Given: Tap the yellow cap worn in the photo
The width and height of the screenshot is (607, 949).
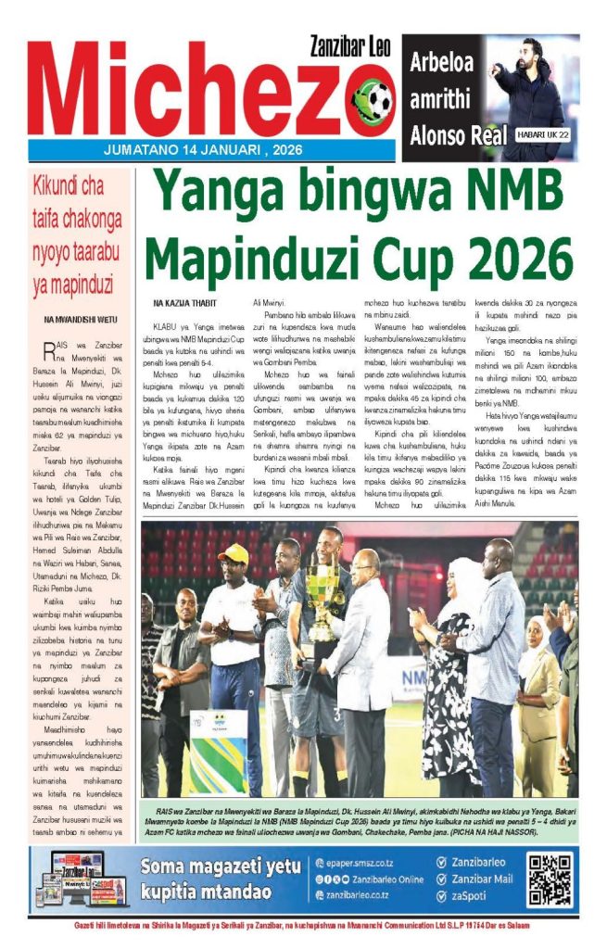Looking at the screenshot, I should point(234,554).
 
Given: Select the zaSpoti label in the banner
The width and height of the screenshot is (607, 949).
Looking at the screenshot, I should point(471,895).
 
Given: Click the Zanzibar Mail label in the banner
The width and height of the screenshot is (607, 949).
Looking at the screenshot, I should point(482,879).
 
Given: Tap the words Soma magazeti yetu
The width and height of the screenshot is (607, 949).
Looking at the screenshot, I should point(221,867).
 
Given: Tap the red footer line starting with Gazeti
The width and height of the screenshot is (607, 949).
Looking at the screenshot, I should point(303,927).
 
